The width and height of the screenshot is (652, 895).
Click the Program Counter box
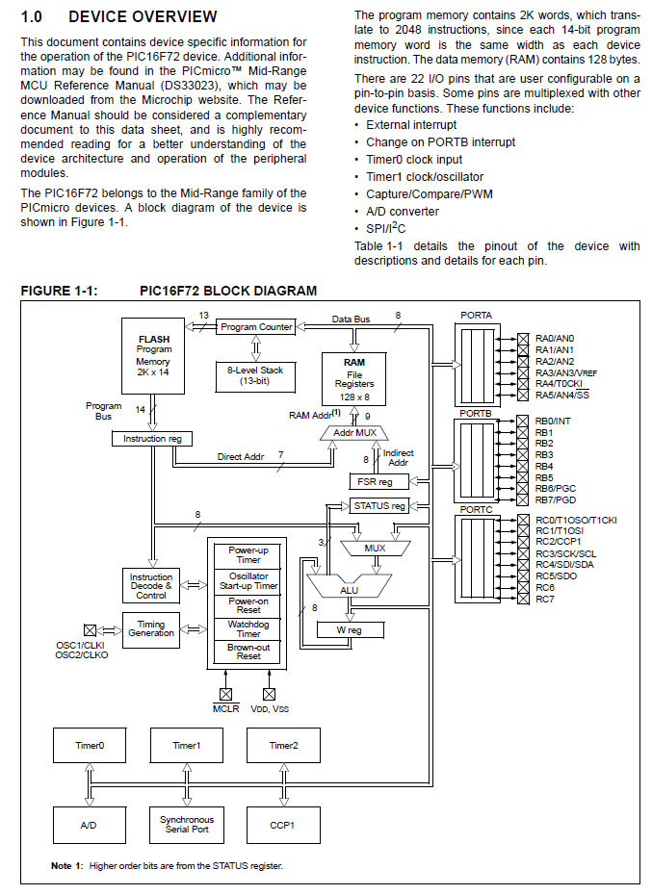(x=255, y=327)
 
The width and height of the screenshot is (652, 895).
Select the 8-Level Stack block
(x=255, y=375)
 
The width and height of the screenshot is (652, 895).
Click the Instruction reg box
(x=152, y=439)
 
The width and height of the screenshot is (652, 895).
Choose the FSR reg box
(x=372, y=481)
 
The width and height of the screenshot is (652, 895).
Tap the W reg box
(x=350, y=631)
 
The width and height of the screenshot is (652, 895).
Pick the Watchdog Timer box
(x=248, y=629)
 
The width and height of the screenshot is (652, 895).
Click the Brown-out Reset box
(x=248, y=652)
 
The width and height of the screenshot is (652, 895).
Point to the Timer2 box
(x=283, y=746)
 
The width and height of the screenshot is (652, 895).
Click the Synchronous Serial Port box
(x=186, y=825)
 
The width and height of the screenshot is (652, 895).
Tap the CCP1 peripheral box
(x=283, y=826)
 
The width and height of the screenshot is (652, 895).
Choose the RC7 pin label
(x=545, y=600)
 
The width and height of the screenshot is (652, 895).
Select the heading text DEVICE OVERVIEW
(x=143, y=16)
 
